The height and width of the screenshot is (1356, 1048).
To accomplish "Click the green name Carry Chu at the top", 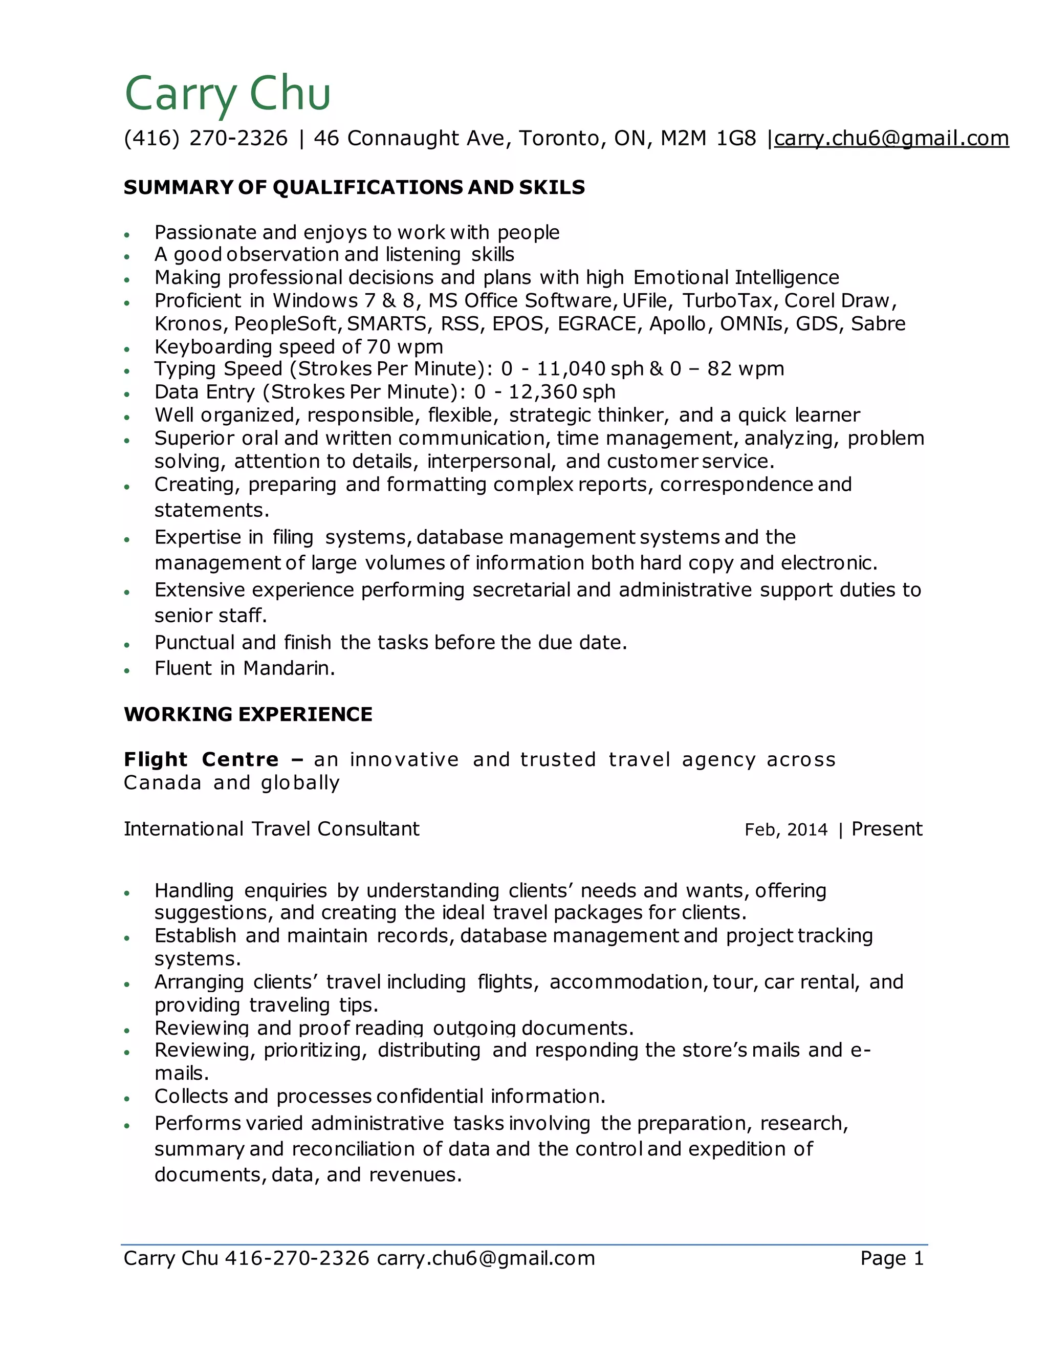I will (227, 93).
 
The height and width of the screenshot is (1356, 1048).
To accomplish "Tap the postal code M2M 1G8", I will (708, 138).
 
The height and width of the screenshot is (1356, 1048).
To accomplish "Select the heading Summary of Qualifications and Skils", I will (354, 187).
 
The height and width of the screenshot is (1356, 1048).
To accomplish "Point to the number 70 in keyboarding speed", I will (379, 346).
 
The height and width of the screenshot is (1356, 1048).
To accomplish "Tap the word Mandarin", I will (289, 668).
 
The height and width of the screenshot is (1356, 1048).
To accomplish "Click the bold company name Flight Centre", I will (201, 759).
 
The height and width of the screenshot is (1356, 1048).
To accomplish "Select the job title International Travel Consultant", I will (271, 829).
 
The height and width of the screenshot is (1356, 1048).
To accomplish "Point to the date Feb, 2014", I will (785, 829).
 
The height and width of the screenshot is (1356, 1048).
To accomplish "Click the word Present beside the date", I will (887, 829).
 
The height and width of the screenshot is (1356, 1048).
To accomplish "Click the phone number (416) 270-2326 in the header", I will (206, 138).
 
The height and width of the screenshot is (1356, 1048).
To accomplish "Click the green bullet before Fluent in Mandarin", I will (127, 670).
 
